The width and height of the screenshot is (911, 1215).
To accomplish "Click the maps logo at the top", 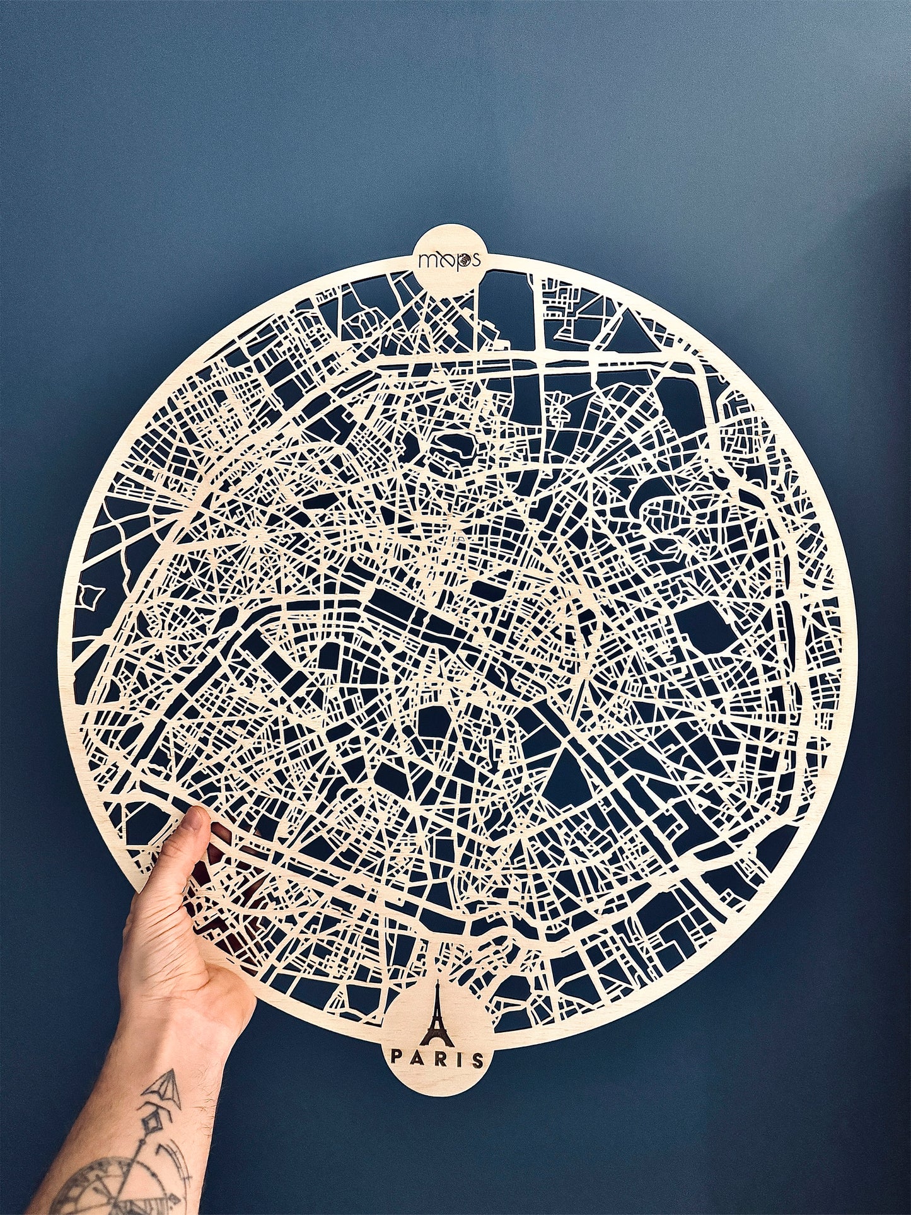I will click(450, 259).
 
